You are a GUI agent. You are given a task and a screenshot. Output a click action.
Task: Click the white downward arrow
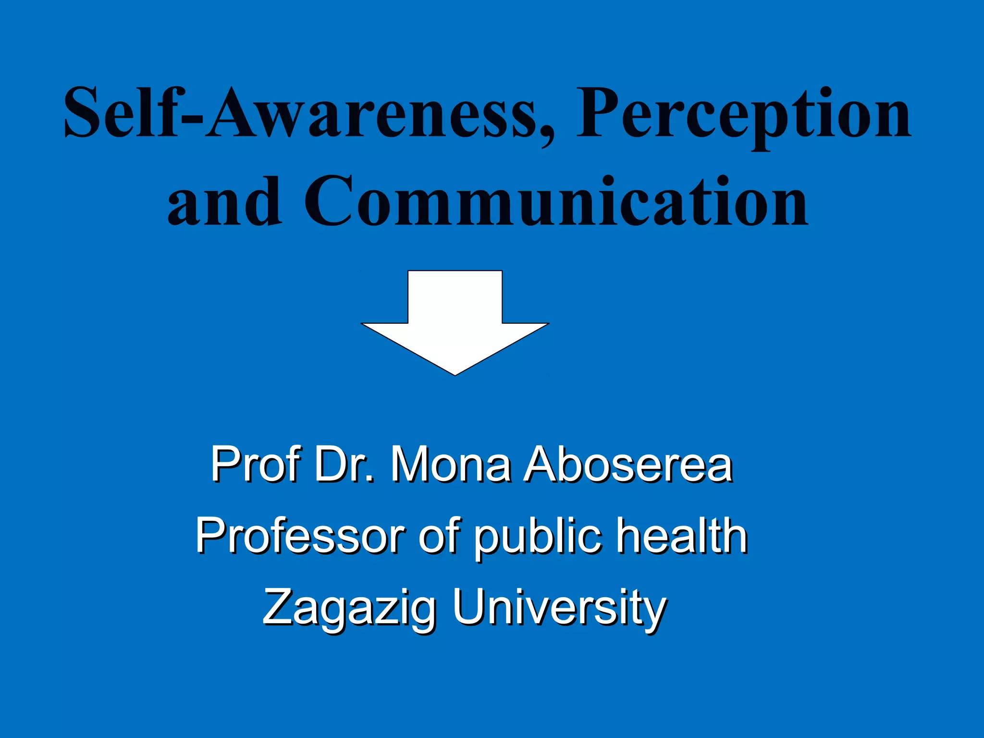click(455, 317)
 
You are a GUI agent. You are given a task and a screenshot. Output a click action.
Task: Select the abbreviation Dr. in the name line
click(344, 464)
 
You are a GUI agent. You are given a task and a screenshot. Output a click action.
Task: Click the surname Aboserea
click(628, 464)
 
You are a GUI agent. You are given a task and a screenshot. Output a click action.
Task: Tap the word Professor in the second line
click(300, 536)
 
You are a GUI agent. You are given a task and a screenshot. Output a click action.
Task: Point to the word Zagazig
click(349, 608)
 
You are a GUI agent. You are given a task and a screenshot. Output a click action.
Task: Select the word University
click(559, 608)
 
